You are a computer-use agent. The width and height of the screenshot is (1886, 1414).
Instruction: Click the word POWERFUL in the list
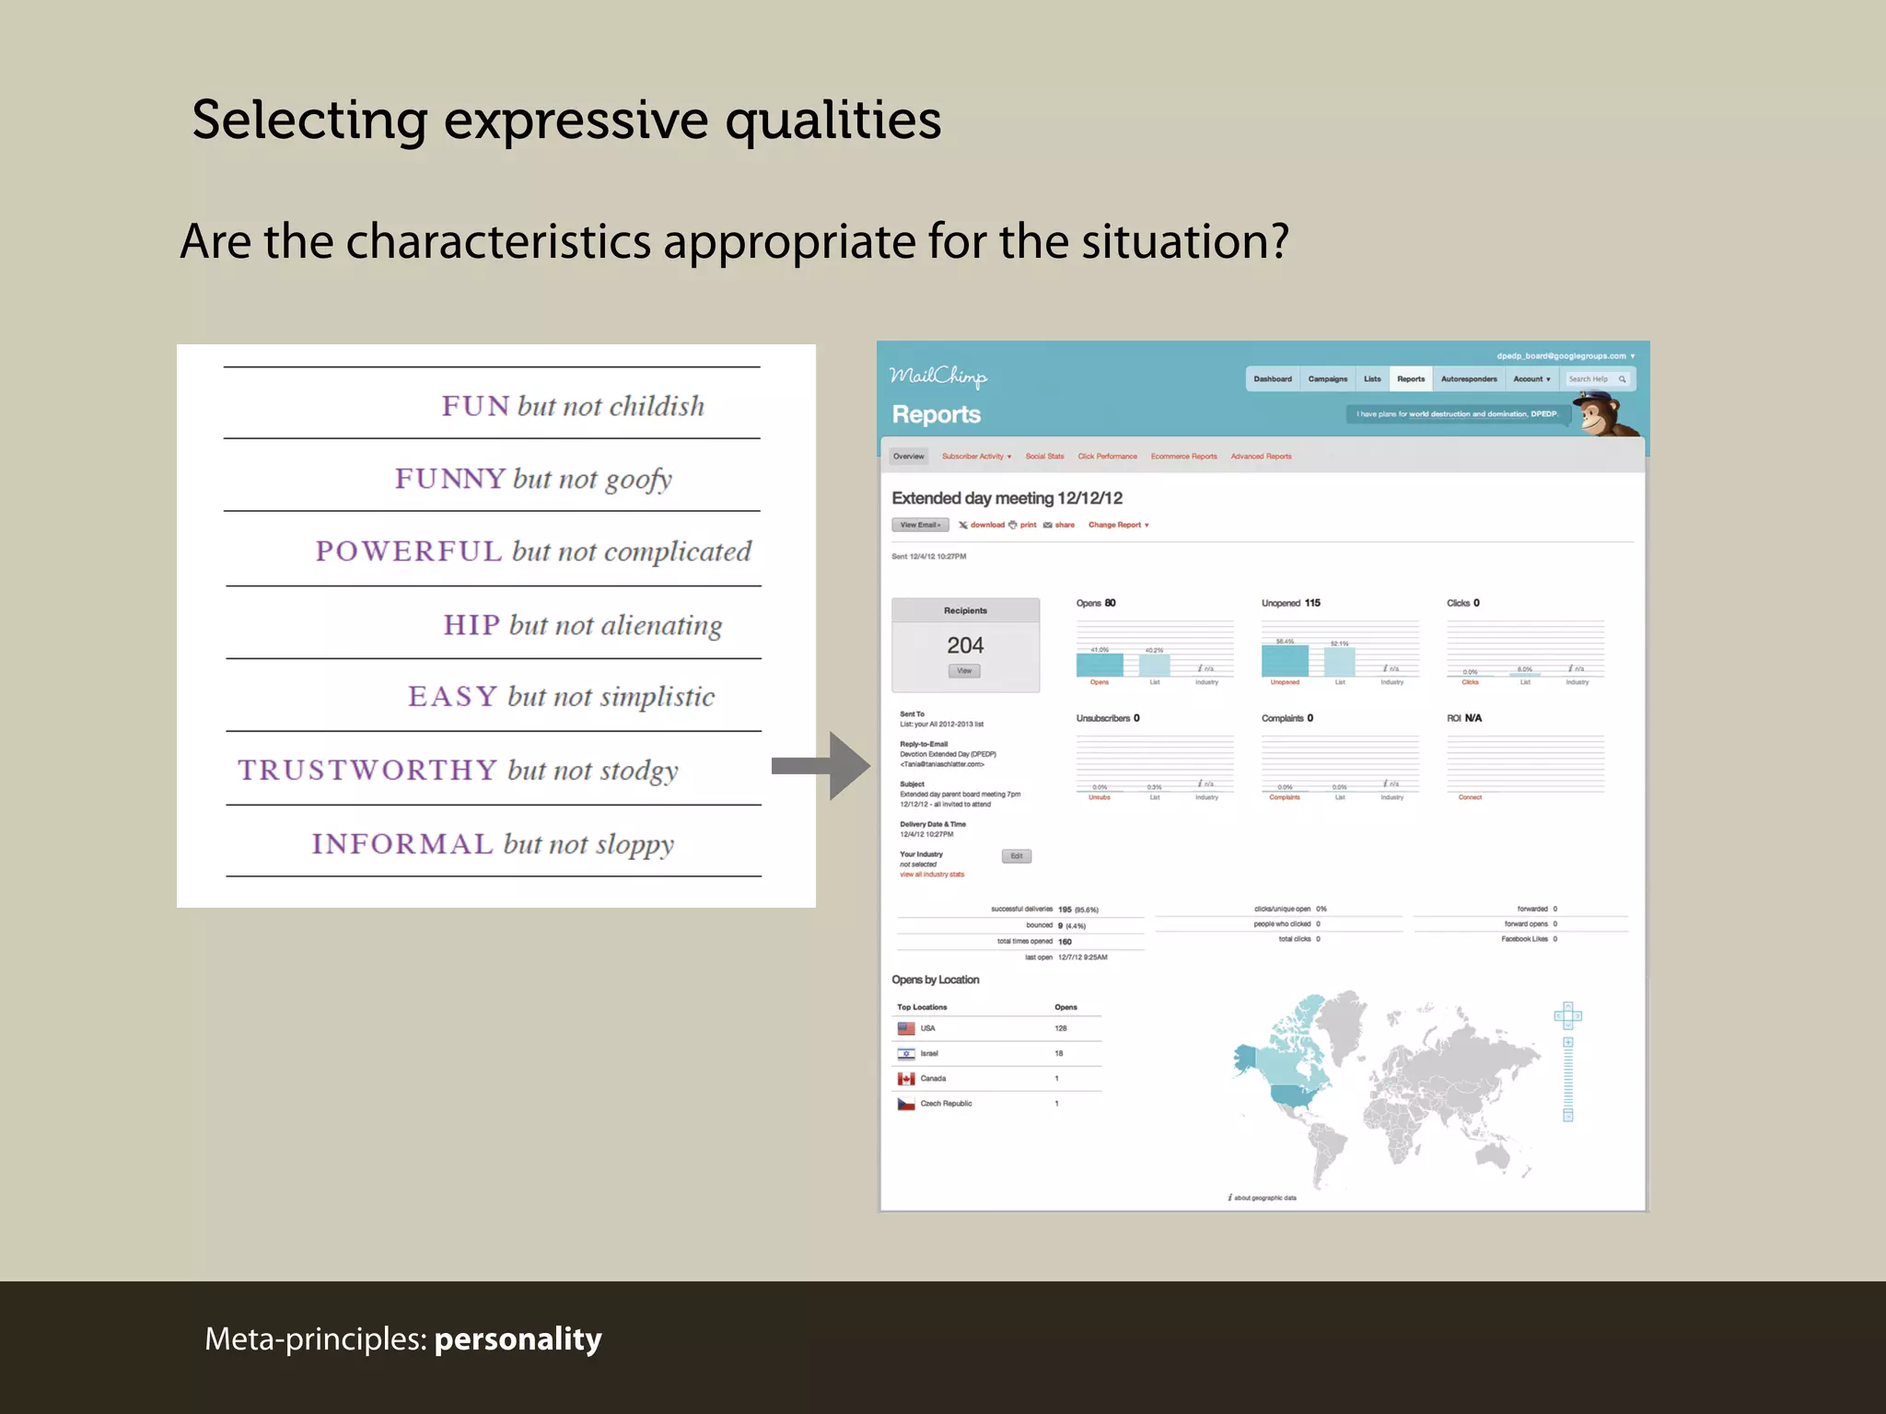point(409,551)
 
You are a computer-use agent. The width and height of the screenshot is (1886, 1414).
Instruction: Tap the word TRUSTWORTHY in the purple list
point(367,770)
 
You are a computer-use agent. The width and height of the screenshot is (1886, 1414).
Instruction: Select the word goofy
point(638,480)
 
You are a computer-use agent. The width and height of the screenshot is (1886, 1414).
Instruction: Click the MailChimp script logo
point(937,377)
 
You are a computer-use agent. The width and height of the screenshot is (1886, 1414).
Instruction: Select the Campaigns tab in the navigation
point(1327,379)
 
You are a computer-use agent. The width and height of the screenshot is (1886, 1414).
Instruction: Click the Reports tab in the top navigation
point(1410,379)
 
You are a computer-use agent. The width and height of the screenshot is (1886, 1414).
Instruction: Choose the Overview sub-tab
point(908,457)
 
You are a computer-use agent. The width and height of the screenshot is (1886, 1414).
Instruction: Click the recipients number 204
point(965,645)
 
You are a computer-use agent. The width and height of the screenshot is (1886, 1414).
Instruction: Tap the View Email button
point(920,525)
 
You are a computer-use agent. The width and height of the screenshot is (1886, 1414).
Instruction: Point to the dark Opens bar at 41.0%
point(1100,665)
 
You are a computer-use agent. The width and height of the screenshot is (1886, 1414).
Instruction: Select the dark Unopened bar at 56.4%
point(1285,661)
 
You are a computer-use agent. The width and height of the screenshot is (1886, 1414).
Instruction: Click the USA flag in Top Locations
point(906,1028)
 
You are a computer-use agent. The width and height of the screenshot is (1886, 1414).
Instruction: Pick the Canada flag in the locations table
point(906,1078)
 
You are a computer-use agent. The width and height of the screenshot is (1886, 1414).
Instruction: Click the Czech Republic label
point(946,1103)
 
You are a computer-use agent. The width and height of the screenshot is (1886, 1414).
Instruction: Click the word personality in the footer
point(518,1339)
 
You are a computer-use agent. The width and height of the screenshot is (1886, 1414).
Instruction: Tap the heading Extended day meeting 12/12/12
point(1007,498)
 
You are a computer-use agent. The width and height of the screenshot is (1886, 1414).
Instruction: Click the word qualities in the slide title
point(832,120)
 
